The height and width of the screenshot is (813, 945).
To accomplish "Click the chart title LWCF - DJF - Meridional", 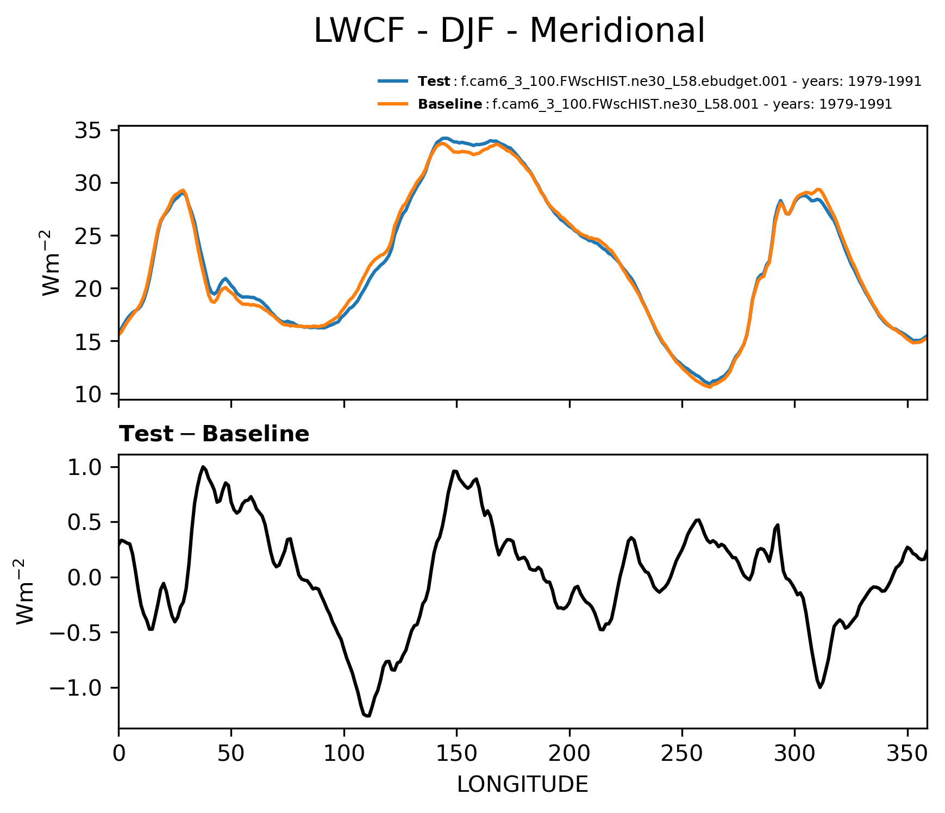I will [x=509, y=30].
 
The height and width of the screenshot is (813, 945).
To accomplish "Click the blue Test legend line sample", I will [x=393, y=82].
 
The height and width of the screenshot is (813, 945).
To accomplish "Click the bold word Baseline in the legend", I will [x=450, y=104].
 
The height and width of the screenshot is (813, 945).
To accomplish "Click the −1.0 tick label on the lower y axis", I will [x=76, y=688].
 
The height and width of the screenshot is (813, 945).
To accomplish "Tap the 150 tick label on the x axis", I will [x=456, y=754].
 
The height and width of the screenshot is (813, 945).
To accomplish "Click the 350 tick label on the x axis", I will [x=907, y=754].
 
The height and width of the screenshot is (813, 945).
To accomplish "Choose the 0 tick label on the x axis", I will [x=118, y=754].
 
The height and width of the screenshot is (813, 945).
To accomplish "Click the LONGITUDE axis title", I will [x=522, y=785].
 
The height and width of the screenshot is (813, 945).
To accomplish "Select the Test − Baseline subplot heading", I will [x=214, y=434].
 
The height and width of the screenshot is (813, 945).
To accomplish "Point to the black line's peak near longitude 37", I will [x=203, y=466].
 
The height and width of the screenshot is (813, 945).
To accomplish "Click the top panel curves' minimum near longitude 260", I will [x=709, y=386].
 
